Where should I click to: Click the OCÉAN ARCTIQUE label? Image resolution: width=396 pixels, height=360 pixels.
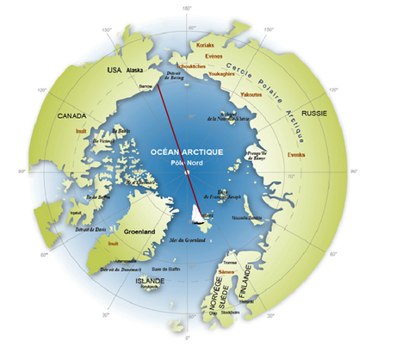187,151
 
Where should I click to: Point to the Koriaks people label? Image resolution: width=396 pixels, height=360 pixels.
205,43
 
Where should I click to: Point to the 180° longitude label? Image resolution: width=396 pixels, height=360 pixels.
188,9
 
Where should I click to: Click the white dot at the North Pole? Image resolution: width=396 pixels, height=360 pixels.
187,172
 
